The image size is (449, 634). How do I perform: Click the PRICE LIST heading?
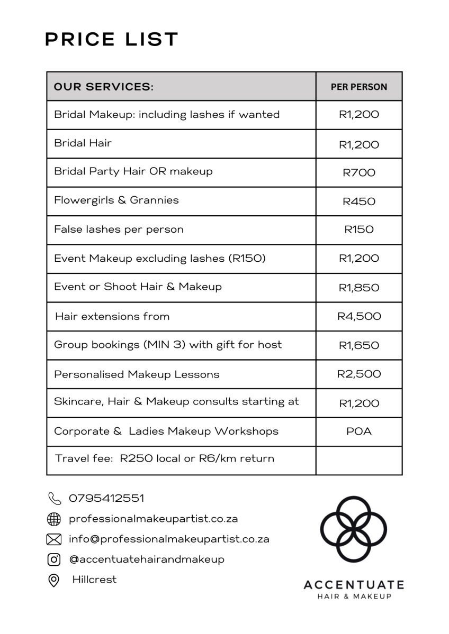click(x=112, y=40)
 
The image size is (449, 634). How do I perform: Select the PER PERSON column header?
click(x=358, y=87)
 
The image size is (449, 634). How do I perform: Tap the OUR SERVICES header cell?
click(x=104, y=87)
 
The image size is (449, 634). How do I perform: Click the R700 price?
click(x=359, y=172)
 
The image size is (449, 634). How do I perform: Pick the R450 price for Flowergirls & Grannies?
click(x=359, y=201)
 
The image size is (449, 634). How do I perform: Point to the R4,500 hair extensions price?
click(x=359, y=316)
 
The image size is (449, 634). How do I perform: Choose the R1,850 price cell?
click(x=359, y=288)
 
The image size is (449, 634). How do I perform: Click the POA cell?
click(x=359, y=431)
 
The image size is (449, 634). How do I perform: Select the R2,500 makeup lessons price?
click(x=359, y=374)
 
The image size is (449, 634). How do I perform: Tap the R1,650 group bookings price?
click(x=359, y=345)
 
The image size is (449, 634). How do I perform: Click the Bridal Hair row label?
click(x=83, y=143)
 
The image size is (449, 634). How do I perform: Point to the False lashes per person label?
click(x=119, y=229)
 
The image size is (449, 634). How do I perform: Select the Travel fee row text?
click(x=165, y=458)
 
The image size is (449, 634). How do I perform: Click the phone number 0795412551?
click(x=106, y=498)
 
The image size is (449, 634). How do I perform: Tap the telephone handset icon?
click(x=54, y=498)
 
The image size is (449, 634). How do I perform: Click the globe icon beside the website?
click(x=54, y=519)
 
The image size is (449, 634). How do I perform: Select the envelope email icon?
click(x=54, y=539)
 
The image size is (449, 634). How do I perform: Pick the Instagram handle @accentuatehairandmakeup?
click(x=147, y=559)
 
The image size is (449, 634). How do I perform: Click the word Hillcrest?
click(x=94, y=579)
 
